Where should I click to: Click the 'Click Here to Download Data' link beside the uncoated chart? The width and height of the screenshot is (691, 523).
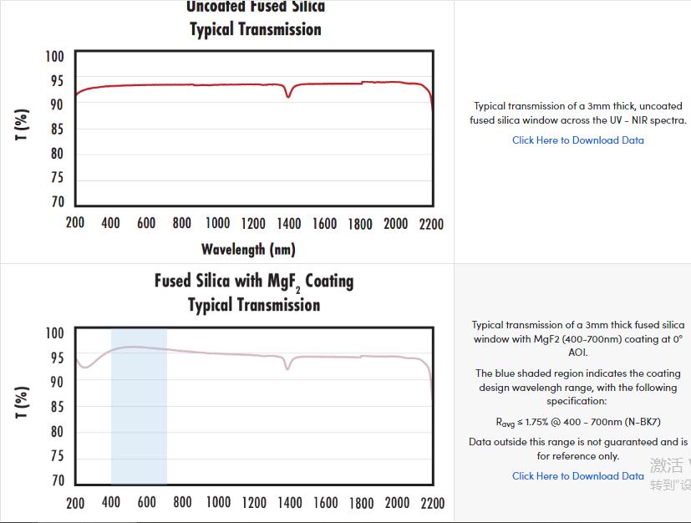[x=578, y=140]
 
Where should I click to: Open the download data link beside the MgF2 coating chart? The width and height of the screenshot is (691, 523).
[x=578, y=476]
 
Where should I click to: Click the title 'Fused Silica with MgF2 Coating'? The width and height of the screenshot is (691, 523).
[x=254, y=281]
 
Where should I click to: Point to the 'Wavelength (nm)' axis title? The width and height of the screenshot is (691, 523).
[x=248, y=249]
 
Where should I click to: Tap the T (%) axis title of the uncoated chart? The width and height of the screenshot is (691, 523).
[x=23, y=124]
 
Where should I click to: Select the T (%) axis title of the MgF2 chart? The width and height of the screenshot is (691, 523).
[x=23, y=403]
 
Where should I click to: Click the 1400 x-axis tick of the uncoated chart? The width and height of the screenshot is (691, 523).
[x=289, y=224]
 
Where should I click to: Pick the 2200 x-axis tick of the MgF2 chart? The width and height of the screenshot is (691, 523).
[x=432, y=503]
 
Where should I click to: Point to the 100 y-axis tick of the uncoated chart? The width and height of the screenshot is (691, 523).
[x=54, y=57]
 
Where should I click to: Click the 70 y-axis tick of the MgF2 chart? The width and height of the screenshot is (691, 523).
[x=57, y=481]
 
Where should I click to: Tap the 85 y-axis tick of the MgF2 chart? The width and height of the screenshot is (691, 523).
[x=57, y=408]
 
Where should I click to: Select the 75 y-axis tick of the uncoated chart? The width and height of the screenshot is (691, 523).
[x=57, y=178]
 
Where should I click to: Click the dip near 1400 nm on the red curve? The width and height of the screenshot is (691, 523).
[x=288, y=96]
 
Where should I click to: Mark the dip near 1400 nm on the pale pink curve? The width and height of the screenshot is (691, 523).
[x=288, y=368]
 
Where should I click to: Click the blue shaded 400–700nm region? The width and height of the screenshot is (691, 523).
[x=139, y=418]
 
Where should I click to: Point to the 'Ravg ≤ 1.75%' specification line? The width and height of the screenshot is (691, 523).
[x=578, y=422]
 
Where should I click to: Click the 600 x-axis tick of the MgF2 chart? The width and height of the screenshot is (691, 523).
[x=146, y=503]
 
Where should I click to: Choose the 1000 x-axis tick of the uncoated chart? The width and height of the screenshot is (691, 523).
[x=217, y=224]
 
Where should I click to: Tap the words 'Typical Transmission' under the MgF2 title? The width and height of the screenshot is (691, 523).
[x=254, y=305]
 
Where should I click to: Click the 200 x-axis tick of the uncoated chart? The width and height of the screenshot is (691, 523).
[x=75, y=224]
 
